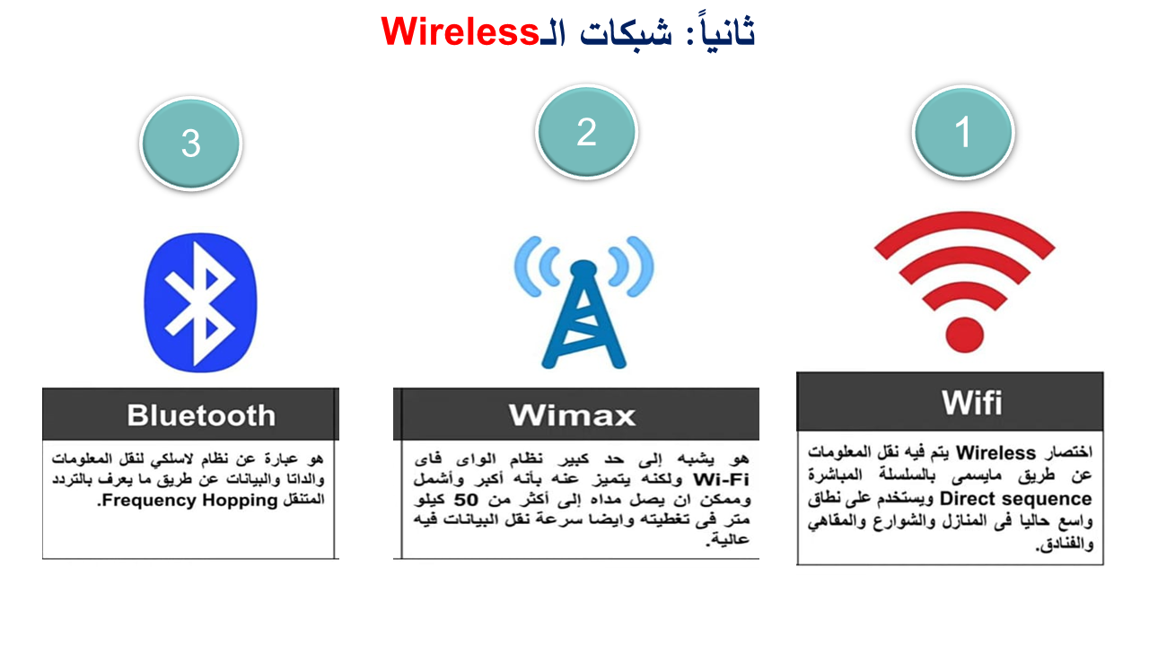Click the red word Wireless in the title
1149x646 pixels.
[x=460, y=31]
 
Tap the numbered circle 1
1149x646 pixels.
[x=963, y=132]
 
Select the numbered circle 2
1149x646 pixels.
[x=586, y=132]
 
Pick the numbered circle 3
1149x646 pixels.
[x=191, y=144]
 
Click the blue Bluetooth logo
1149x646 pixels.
[x=200, y=302]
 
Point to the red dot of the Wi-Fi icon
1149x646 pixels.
[x=964, y=335]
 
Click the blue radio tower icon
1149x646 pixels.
[x=583, y=302]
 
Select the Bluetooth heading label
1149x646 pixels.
[x=201, y=415]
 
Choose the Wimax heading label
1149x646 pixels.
[x=572, y=415]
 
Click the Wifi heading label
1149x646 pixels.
[x=971, y=403]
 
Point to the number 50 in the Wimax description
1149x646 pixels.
[x=466, y=500]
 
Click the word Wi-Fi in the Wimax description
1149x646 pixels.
[x=721, y=479]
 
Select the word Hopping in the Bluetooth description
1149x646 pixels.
[x=240, y=500]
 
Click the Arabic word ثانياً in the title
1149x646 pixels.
[x=724, y=31]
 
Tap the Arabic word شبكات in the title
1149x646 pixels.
[x=626, y=33]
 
